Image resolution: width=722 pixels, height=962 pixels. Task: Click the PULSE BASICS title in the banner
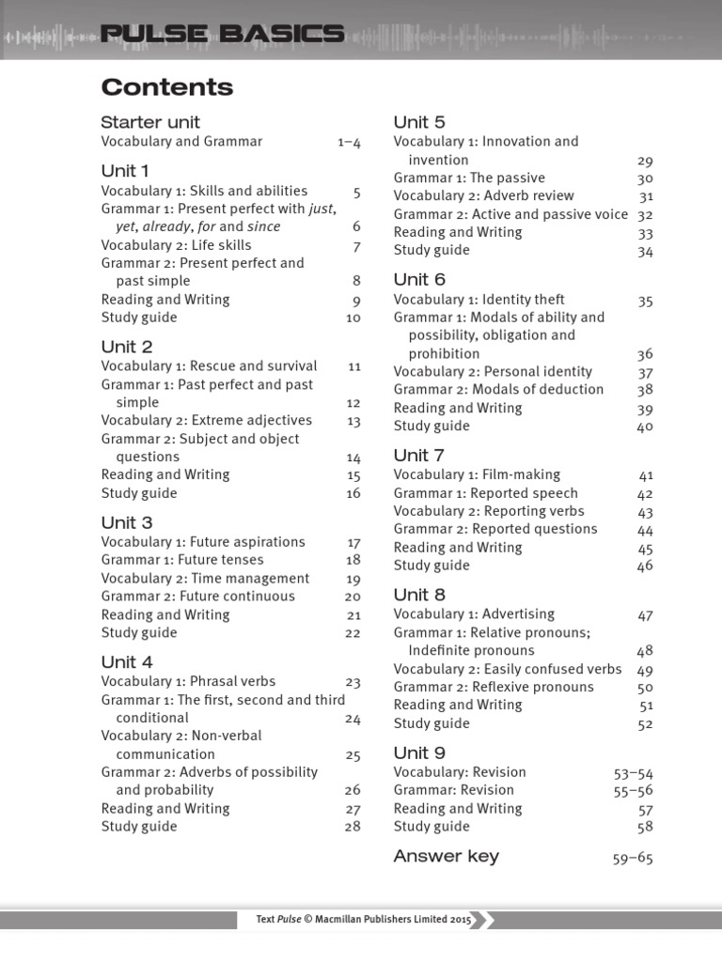click(222, 36)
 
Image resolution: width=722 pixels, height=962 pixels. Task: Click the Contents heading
click(167, 87)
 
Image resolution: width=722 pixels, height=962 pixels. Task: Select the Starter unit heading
click(150, 122)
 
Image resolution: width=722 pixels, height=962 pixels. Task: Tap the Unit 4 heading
click(127, 661)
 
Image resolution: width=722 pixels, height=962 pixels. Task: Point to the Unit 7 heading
click(419, 456)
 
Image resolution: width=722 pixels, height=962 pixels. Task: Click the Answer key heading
click(447, 856)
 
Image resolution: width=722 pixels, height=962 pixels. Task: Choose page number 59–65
click(632, 858)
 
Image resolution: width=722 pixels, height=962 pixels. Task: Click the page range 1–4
click(349, 143)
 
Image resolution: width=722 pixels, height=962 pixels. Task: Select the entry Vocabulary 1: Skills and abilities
click(204, 192)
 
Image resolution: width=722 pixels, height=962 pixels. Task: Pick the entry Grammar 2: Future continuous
click(197, 597)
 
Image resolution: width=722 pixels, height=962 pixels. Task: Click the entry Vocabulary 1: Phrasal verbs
click(188, 681)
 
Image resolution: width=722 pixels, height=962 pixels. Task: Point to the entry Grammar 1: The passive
click(469, 178)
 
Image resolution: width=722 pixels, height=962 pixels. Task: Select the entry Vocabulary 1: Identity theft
click(479, 300)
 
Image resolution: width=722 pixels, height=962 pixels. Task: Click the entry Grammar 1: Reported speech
click(486, 493)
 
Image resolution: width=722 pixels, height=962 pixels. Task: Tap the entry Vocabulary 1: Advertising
click(474, 614)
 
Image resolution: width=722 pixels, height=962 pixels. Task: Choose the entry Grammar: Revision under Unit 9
click(454, 790)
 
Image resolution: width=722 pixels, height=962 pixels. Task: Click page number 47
click(645, 616)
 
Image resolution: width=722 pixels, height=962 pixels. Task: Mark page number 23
click(353, 683)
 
